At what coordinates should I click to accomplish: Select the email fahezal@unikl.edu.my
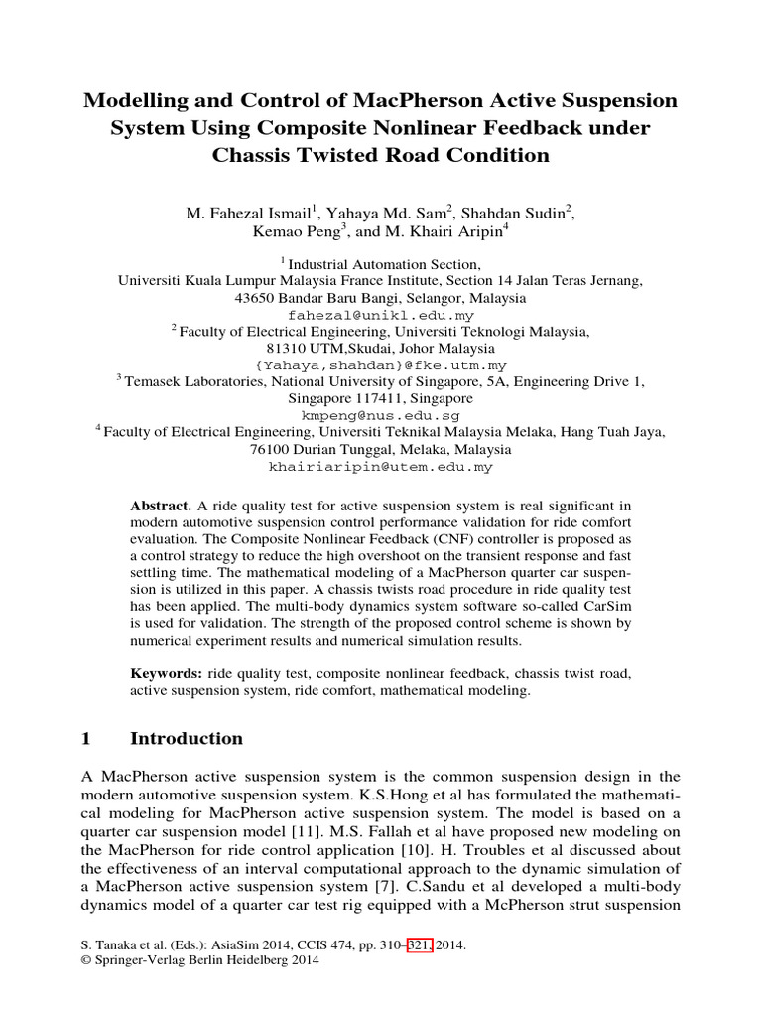[381, 315]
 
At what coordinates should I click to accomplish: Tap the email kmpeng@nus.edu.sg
[381, 415]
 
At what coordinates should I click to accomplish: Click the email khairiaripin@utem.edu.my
[381, 466]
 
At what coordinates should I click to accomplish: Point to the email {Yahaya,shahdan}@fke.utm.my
[381, 364]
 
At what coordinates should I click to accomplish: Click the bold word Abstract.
[161, 507]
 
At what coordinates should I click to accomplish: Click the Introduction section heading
[187, 738]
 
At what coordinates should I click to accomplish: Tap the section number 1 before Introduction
[86, 738]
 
